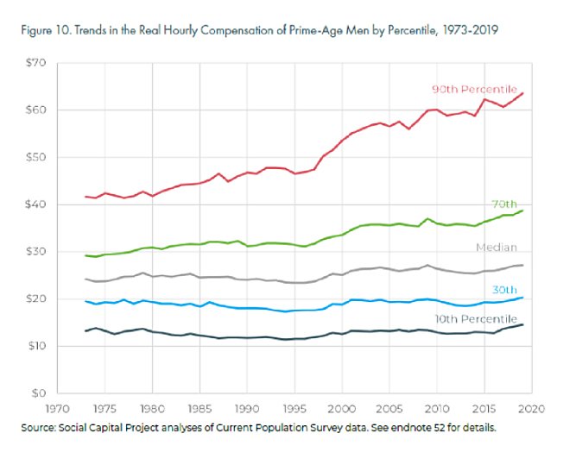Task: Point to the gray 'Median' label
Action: point(497,248)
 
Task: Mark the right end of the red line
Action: point(523,93)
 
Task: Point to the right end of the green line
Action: point(523,210)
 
